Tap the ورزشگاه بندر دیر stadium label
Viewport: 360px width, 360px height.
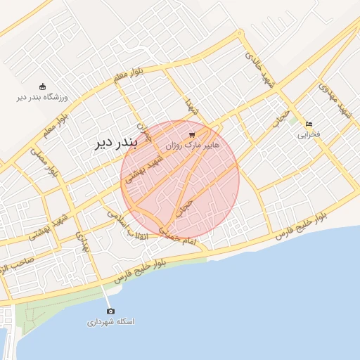(x=41, y=96)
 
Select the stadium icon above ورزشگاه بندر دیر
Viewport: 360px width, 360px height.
(x=42, y=86)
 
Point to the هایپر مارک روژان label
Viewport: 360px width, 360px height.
(x=192, y=145)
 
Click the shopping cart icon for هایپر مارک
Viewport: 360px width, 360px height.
(x=193, y=134)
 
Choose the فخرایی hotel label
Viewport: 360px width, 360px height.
(x=309, y=134)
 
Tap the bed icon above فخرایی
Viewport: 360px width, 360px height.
(x=309, y=124)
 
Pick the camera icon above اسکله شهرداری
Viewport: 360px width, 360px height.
(x=110, y=311)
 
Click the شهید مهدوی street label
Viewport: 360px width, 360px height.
(x=334, y=100)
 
